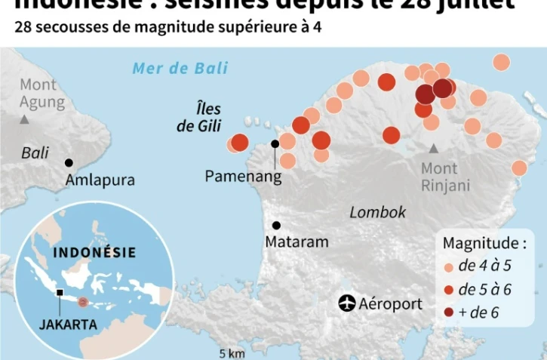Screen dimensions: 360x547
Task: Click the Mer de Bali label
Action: [180, 69]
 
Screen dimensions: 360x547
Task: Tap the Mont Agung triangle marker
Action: [25, 120]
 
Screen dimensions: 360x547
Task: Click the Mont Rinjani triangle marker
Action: [433, 149]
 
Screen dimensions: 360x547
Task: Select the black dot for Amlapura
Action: [69, 163]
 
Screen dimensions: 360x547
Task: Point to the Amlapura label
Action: [100, 180]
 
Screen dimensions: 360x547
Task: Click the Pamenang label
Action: [243, 176]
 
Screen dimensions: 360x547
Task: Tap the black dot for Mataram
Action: [277, 225]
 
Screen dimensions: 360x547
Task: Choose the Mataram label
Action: [297, 242]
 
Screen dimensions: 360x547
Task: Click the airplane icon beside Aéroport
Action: [347, 303]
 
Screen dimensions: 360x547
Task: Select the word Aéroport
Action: [391, 304]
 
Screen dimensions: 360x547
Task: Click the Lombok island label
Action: [377, 212]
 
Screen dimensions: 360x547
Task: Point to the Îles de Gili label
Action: [198, 118]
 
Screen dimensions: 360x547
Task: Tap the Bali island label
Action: [35, 153]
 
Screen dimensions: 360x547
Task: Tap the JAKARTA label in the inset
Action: [68, 325]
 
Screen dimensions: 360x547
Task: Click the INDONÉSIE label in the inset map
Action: [95, 253]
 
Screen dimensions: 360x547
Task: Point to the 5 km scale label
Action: [232, 353]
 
